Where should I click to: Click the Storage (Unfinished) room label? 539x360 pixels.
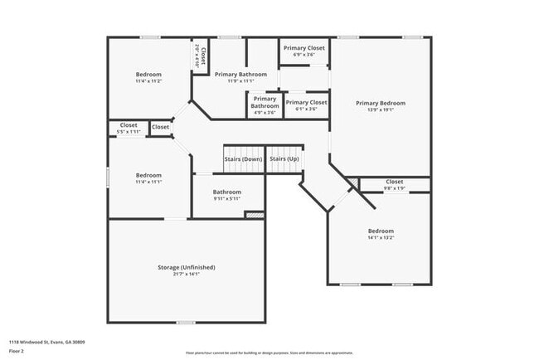click(x=187, y=267)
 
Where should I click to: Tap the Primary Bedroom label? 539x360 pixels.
click(x=381, y=103)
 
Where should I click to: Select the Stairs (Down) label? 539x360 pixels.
click(x=242, y=158)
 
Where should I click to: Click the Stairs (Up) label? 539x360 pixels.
click(x=284, y=158)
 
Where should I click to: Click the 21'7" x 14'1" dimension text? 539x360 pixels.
click(x=187, y=274)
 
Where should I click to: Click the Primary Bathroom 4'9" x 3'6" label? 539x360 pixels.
click(x=265, y=102)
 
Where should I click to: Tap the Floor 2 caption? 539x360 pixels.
click(x=17, y=351)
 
